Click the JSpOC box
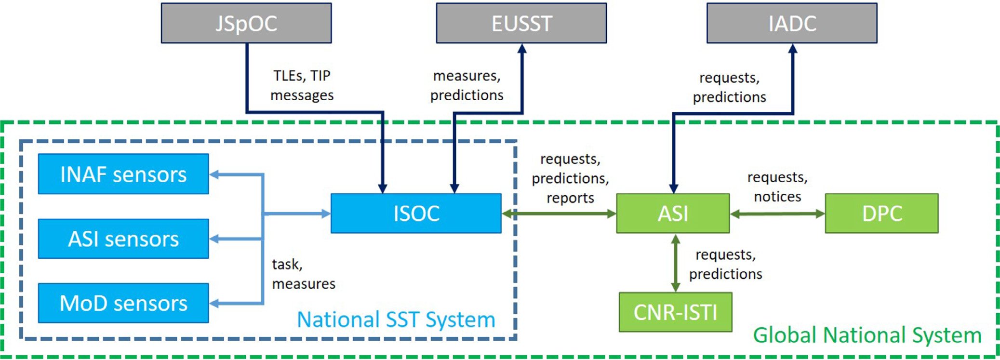[246, 23]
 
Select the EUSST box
[521, 23]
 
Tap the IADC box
[792, 23]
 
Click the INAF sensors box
[123, 174]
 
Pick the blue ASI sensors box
[123, 239]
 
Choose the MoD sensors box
[123, 303]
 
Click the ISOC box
[416, 213]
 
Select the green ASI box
[673, 213]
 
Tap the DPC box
[882, 213]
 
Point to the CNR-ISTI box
[675, 312]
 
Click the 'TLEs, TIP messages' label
[302, 85]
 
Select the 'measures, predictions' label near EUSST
[467, 85]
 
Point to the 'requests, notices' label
[777, 187]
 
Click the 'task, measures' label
[304, 274]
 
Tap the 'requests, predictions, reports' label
[570, 178]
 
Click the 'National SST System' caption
[396, 320]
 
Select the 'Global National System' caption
[867, 335]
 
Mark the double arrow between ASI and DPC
[777, 214]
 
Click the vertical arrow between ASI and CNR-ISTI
[676, 263]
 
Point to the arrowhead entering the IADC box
[793, 48]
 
